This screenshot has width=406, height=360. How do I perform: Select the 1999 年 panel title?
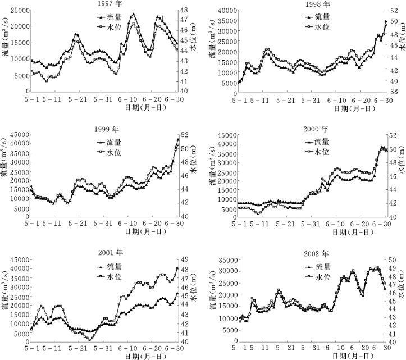(x=107, y=130)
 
